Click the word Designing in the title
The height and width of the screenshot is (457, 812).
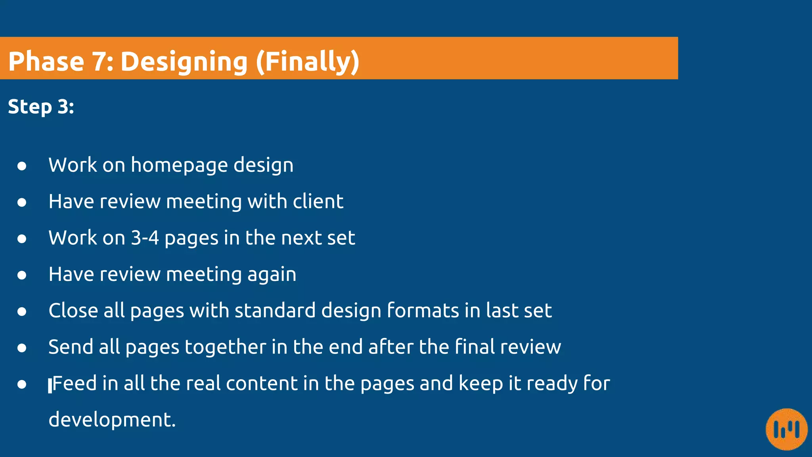pyautogui.click(x=184, y=62)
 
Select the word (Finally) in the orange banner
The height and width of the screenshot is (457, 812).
pyautogui.click(x=308, y=62)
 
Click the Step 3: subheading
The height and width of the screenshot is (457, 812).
pyautogui.click(x=41, y=107)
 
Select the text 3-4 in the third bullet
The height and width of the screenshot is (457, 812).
pyautogui.click(x=145, y=238)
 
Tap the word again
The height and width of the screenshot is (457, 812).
pyautogui.click(x=272, y=275)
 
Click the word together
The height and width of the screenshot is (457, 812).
pyautogui.click(x=225, y=347)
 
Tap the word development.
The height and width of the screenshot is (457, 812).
pyautogui.click(x=111, y=420)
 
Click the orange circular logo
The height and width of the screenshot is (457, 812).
pyautogui.click(x=787, y=429)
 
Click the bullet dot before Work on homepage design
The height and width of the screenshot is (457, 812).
pyautogui.click(x=22, y=166)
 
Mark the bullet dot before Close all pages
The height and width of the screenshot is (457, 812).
pyautogui.click(x=22, y=311)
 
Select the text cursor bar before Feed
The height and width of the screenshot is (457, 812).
pyautogui.click(x=50, y=385)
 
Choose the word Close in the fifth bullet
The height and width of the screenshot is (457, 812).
pyautogui.click(x=73, y=311)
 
